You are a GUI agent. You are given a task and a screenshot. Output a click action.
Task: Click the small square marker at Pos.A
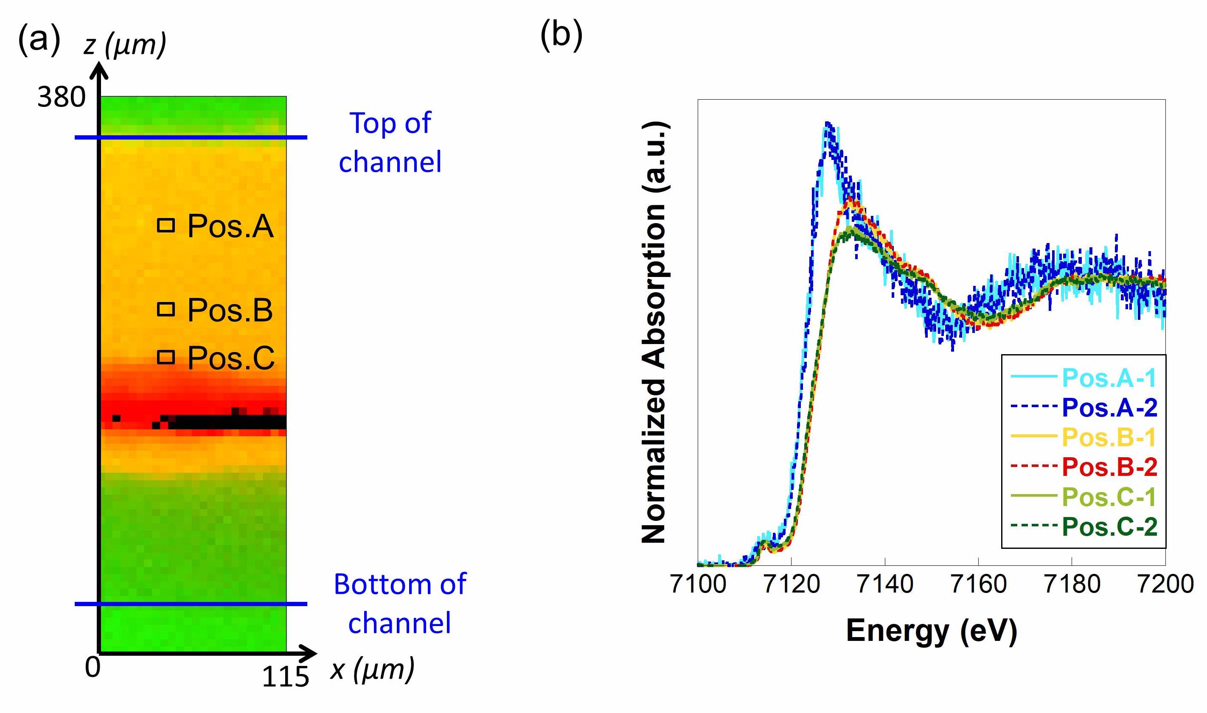click(166, 225)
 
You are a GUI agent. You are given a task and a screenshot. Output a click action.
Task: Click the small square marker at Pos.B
click(166, 309)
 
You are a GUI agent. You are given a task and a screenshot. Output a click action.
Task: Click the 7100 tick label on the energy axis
click(698, 584)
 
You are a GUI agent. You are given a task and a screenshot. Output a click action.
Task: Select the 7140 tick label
click(885, 584)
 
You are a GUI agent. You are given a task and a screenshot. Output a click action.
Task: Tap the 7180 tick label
click(1072, 584)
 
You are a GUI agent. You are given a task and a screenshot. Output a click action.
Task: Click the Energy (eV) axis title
click(931, 630)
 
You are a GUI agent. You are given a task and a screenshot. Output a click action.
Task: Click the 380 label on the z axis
click(61, 97)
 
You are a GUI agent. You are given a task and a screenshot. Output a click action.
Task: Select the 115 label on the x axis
click(285, 677)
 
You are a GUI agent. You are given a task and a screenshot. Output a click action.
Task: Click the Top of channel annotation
click(390, 142)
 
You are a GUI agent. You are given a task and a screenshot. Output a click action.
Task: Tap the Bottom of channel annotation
click(399, 604)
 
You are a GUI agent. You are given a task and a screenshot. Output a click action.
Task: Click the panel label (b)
click(561, 35)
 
